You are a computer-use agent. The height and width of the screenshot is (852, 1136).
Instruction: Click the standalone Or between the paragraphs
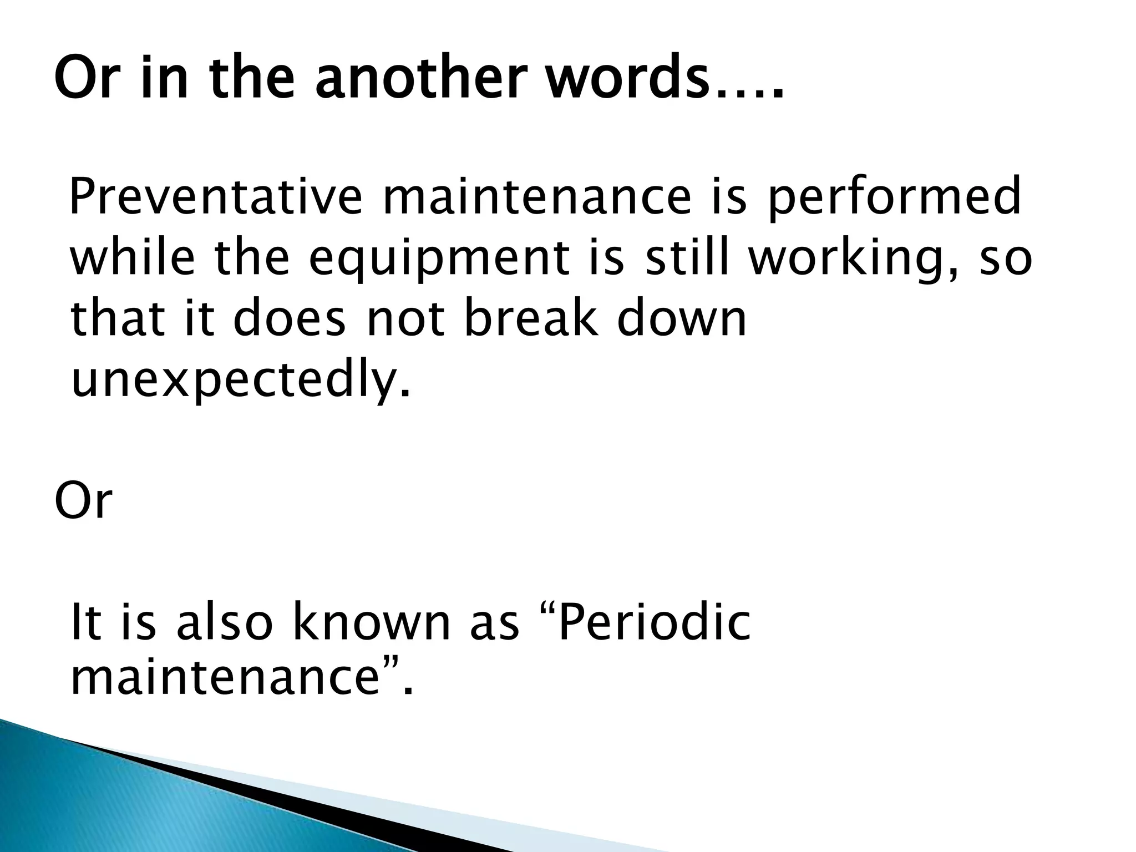(x=83, y=501)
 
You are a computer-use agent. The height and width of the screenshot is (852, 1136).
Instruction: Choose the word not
(x=405, y=320)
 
